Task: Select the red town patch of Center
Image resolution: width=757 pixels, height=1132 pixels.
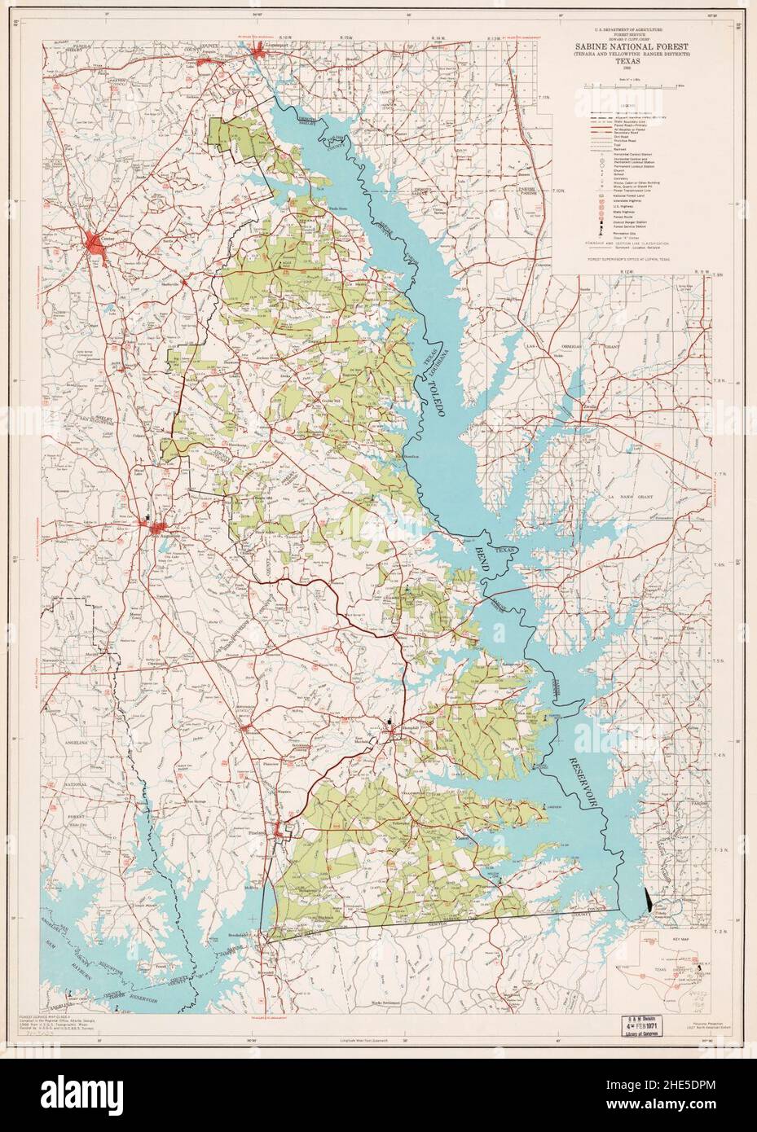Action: click(98, 242)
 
